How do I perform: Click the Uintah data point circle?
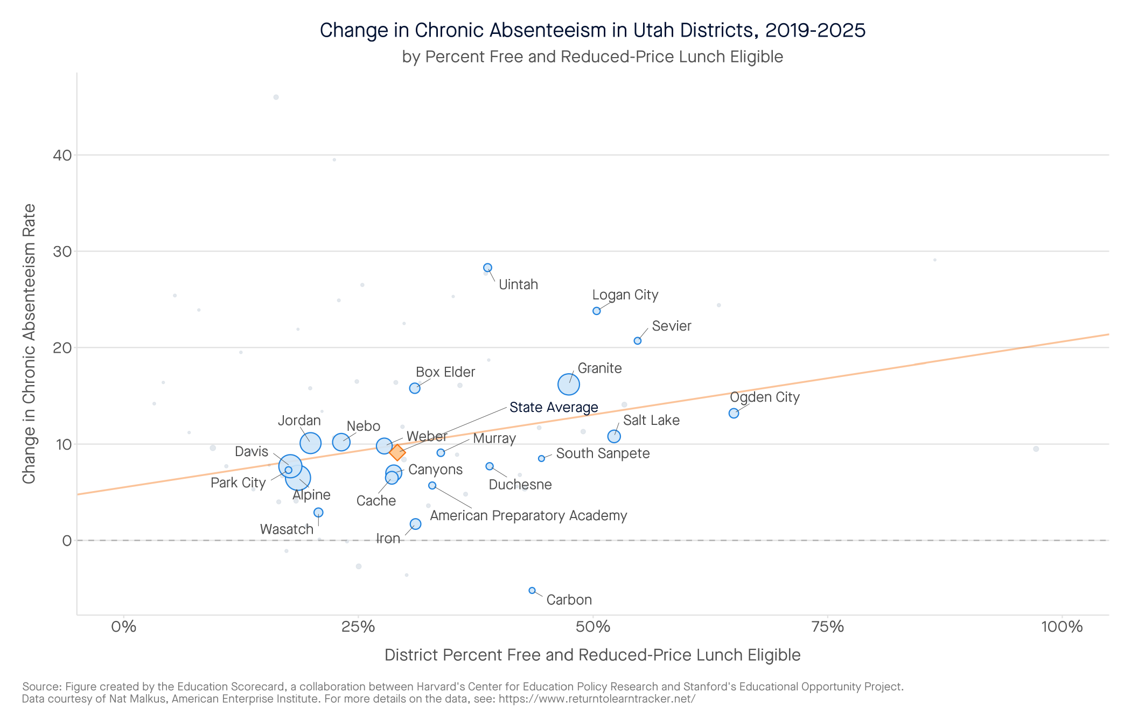487,268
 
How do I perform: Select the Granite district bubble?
568,385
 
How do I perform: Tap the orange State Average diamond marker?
397,452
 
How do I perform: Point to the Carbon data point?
532,590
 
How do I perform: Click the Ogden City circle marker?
734,413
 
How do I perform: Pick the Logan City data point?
596,311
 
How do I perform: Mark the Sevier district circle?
638,341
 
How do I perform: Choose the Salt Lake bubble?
614,436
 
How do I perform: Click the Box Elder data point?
415,388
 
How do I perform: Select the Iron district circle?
415,524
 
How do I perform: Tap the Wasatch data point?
318,513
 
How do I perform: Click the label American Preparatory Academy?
528,515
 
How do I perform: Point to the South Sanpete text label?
603,453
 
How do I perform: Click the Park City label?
238,483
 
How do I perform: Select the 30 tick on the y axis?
62,251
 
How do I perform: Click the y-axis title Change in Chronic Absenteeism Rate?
29,344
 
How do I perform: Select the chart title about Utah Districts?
592,30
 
